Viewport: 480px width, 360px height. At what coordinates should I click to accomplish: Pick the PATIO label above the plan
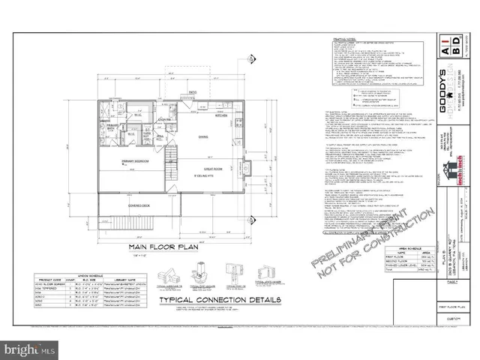pos(193,92)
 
